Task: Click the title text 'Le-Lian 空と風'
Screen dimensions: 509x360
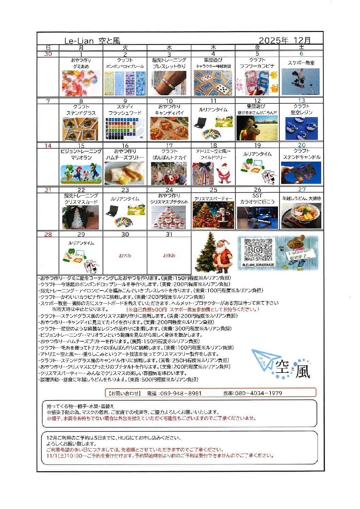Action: point(92,41)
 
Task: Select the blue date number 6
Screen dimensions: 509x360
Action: point(301,54)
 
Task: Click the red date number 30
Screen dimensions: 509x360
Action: point(48,54)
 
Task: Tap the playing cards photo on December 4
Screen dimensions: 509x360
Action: point(213,83)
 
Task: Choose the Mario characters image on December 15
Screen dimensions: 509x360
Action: point(81,174)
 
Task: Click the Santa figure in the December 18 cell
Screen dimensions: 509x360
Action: point(224,173)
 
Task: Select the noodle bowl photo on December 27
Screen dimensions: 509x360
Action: point(301,216)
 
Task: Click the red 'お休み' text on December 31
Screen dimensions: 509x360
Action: point(169,256)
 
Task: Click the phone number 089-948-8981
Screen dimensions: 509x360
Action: point(181,393)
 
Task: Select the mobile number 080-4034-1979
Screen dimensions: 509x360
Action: point(258,393)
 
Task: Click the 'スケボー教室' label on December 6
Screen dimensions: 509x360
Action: point(301,63)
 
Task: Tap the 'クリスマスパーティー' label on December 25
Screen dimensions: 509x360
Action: point(213,199)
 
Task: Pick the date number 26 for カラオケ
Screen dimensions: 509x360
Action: point(258,190)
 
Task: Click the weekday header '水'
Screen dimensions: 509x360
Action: point(169,48)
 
